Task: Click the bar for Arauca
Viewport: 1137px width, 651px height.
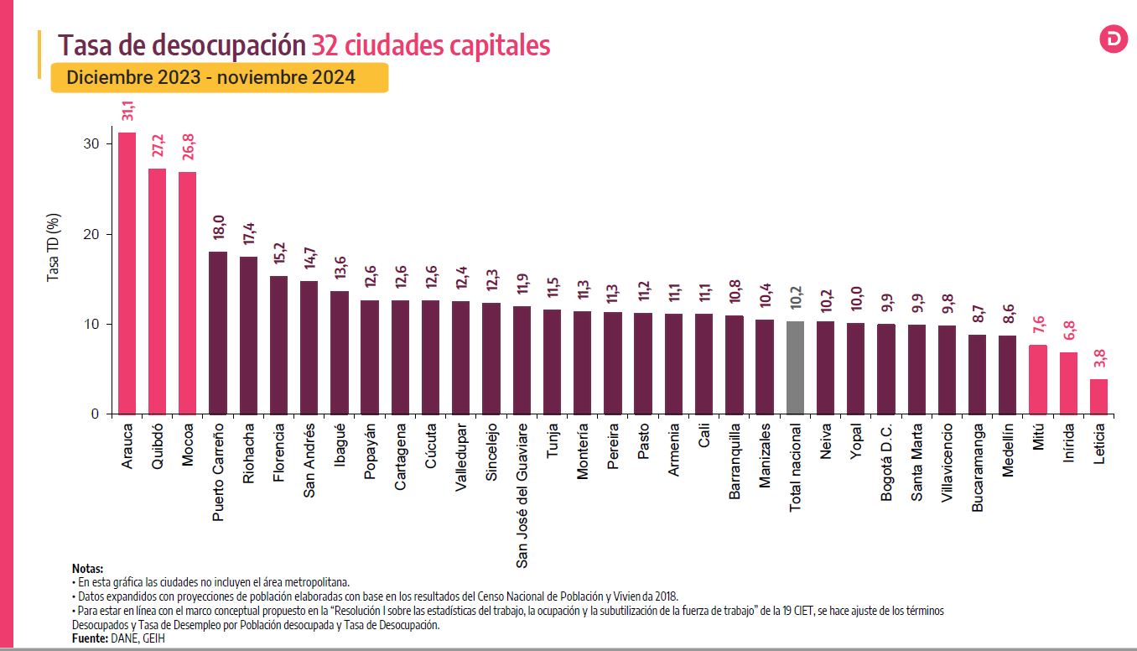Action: point(127,273)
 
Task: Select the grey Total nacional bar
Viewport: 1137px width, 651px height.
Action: point(795,367)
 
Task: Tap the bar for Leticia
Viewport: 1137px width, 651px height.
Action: point(1098,397)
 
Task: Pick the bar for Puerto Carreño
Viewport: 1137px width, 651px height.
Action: point(218,332)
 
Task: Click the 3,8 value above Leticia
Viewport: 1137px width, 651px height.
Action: point(1099,359)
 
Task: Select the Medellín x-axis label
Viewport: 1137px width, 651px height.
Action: point(1008,450)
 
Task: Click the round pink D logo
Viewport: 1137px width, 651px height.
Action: point(1114,39)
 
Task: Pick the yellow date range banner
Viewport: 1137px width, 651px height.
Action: point(219,78)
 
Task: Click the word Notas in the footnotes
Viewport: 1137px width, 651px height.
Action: point(87,569)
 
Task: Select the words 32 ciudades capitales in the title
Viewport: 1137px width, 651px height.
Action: point(430,44)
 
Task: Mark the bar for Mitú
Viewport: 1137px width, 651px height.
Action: point(1038,379)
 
